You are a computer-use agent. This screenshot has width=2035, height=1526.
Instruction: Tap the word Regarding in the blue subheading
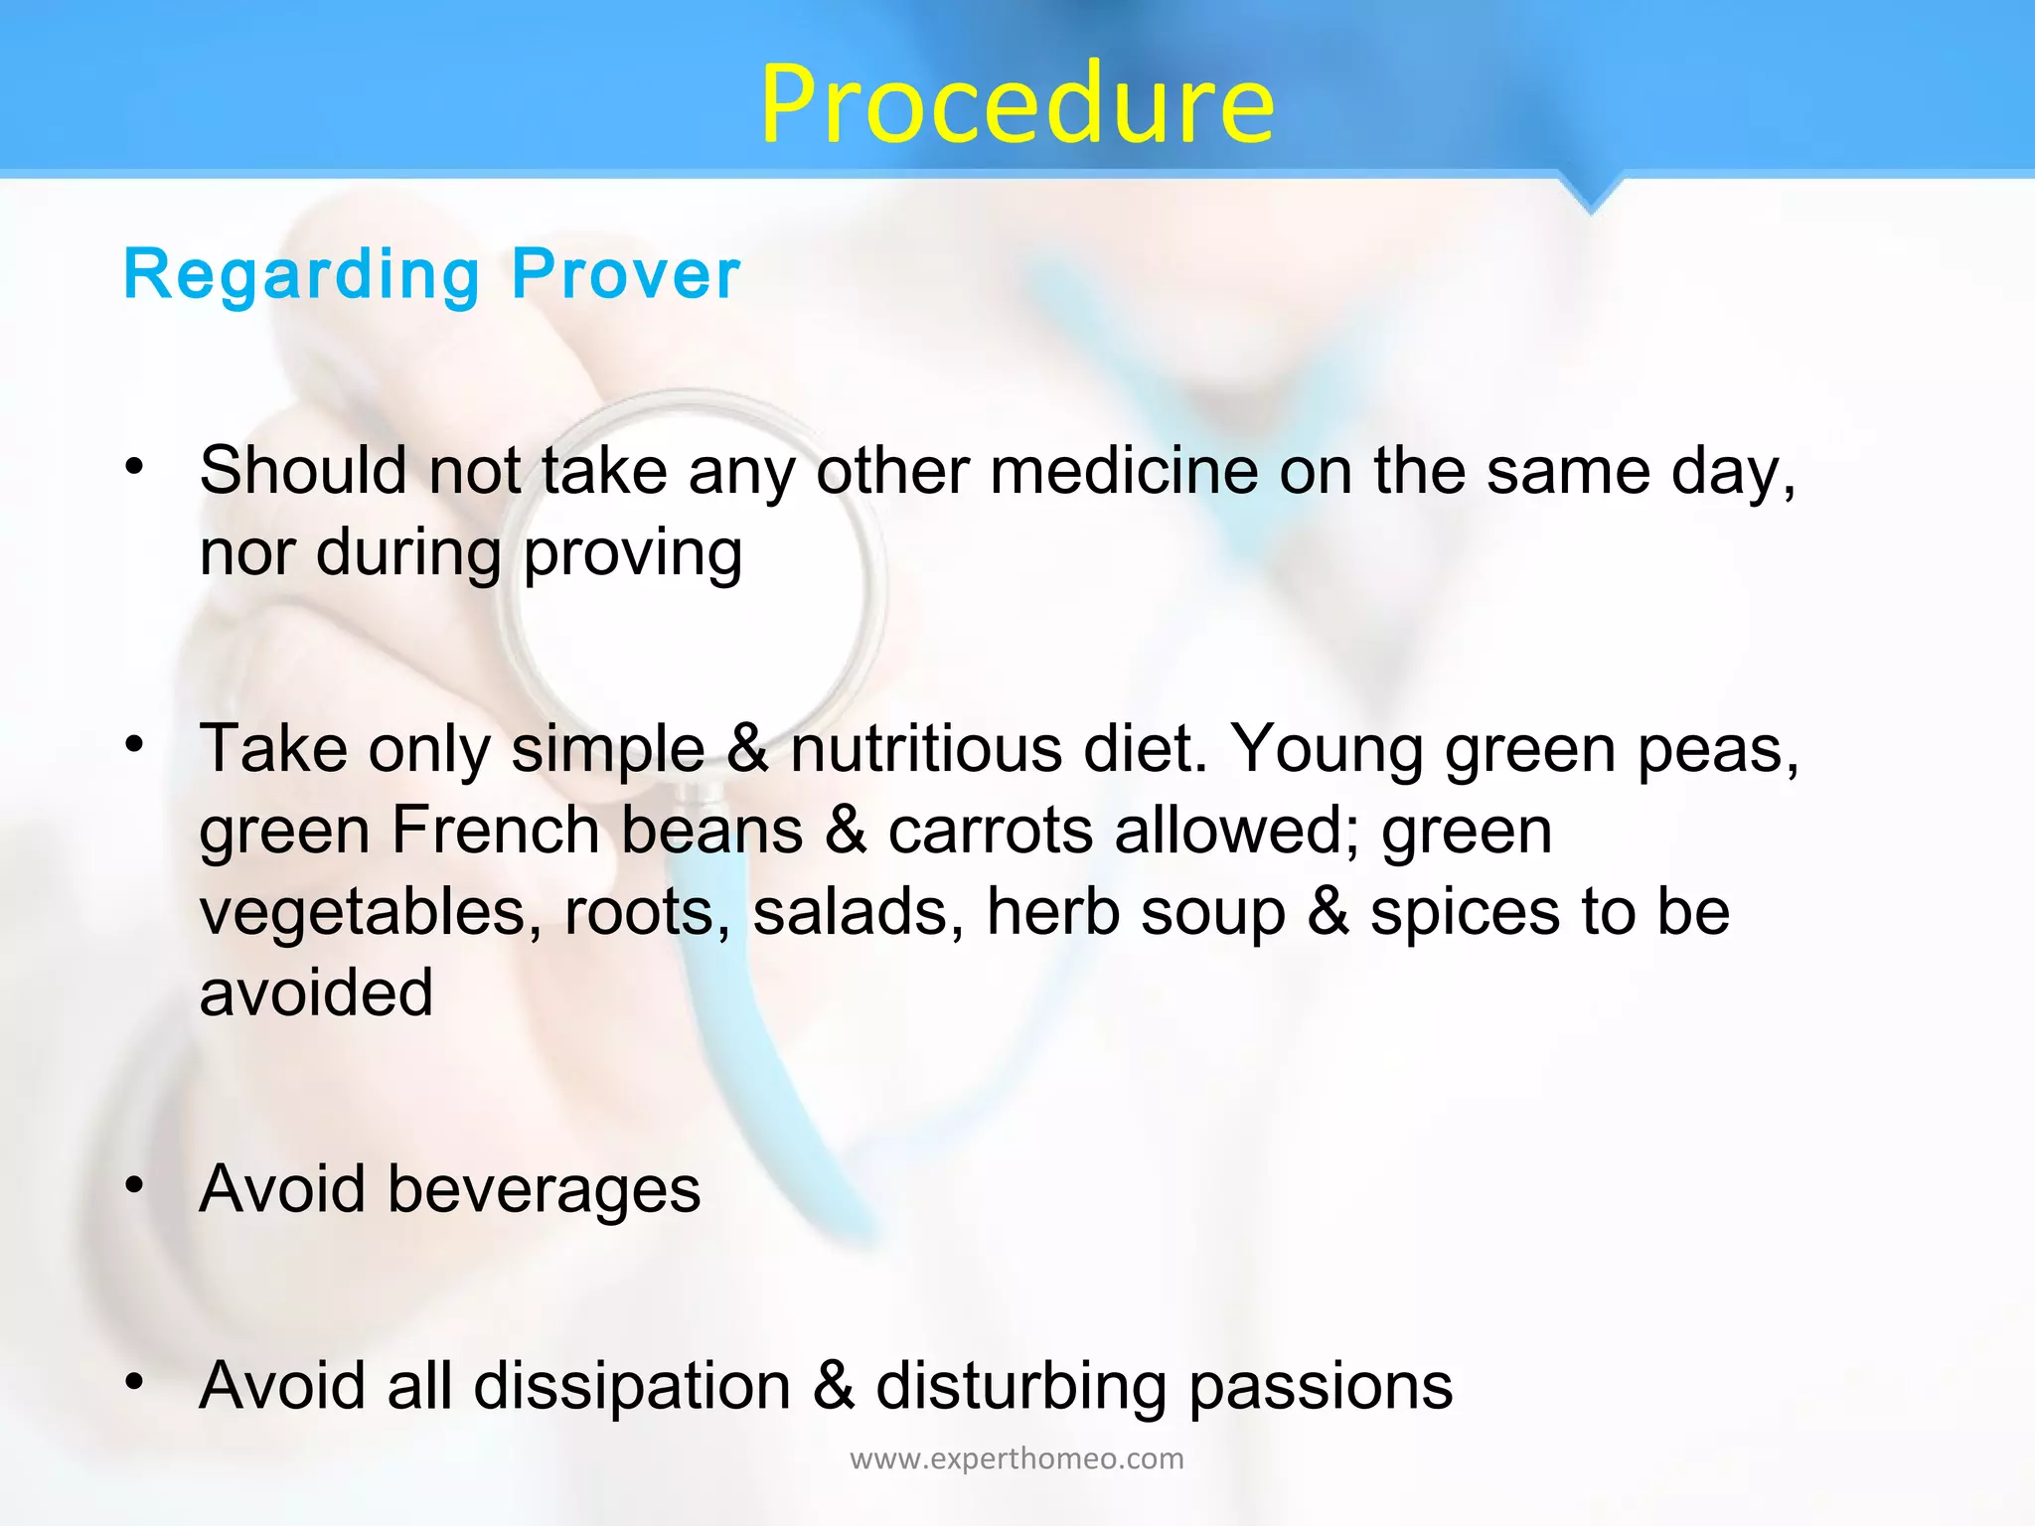pos(302,275)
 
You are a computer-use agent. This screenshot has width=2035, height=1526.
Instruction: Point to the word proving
pos(632,554)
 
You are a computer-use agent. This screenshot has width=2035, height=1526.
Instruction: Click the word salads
pos(858,912)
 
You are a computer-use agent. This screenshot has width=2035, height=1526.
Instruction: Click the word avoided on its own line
pos(316,992)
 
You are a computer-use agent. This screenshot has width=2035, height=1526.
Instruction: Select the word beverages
pos(544,1189)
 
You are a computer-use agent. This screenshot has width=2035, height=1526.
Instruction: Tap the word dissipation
pos(632,1386)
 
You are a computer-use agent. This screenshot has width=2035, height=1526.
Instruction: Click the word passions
pos(1321,1386)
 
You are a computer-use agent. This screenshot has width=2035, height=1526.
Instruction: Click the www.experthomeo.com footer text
pos(1017,1458)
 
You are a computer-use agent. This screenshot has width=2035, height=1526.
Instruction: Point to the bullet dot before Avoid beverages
pos(135,1184)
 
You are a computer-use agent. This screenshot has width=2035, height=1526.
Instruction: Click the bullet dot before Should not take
pos(135,465)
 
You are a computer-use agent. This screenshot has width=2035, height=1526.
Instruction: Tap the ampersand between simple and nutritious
pos(747,749)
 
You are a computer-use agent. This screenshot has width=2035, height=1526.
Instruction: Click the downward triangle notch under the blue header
pos(1590,194)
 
